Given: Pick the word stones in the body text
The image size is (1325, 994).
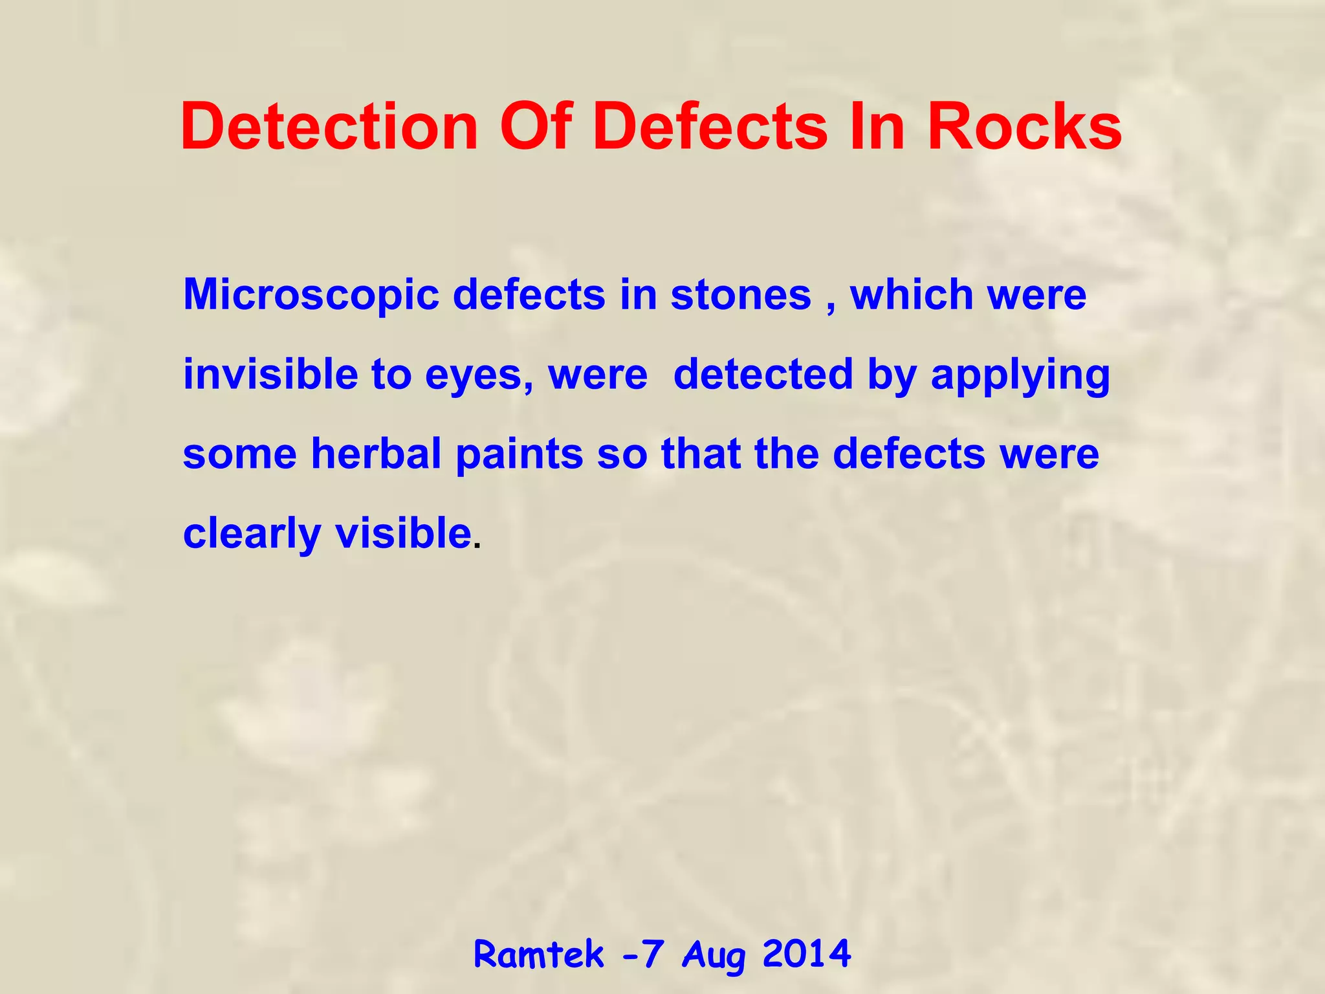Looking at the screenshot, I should [x=740, y=296].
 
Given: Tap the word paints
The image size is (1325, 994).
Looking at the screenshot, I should [x=520, y=455].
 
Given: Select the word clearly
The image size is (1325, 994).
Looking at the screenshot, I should [x=252, y=535].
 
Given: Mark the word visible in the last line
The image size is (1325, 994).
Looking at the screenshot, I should [x=403, y=533].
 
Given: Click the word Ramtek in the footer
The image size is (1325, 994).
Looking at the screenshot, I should [x=539, y=955].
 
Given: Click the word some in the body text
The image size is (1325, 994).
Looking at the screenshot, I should [x=240, y=455].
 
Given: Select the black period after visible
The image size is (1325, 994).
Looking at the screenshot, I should [x=477, y=546].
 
